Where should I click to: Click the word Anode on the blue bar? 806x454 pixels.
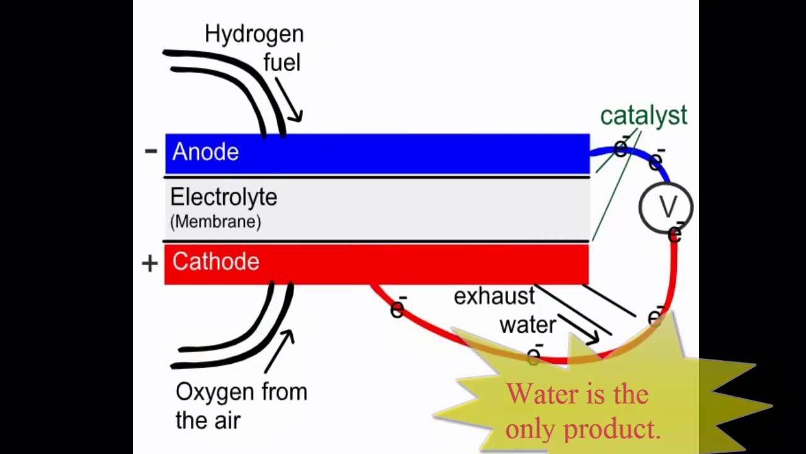coord(205,152)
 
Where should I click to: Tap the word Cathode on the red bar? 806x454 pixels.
coord(215,262)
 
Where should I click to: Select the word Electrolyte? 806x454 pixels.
coord(224,197)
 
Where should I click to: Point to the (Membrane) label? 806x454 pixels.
coord(215,222)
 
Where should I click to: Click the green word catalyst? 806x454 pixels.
coord(643,116)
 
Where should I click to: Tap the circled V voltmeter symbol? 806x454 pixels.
coord(666,206)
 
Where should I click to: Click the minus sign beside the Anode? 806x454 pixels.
coord(150,150)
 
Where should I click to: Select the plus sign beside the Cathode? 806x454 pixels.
coord(150,263)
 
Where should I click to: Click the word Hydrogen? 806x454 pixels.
coord(254,34)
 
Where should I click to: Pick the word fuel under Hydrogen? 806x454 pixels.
coord(281,62)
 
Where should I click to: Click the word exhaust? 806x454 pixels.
coord(494,296)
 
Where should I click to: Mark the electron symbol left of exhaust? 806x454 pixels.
coord(398,308)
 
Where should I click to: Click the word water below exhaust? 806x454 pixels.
coord(528,324)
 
